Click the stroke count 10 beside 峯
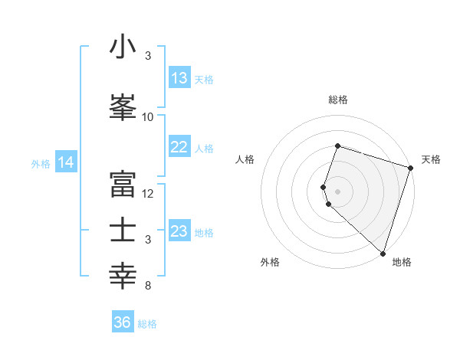(148, 117)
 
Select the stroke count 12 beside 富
(148, 194)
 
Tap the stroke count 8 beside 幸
(148, 286)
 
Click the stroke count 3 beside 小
(148, 56)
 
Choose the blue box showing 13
(179, 78)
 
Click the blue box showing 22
(179, 148)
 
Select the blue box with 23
(179, 231)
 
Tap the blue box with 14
(66, 162)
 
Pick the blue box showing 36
(123, 322)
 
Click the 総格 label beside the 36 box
(147, 324)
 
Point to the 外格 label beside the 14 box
(41, 163)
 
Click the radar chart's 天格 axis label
(431, 159)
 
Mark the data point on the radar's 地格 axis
(383, 254)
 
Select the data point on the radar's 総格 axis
(337, 146)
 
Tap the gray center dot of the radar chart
(337, 191)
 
